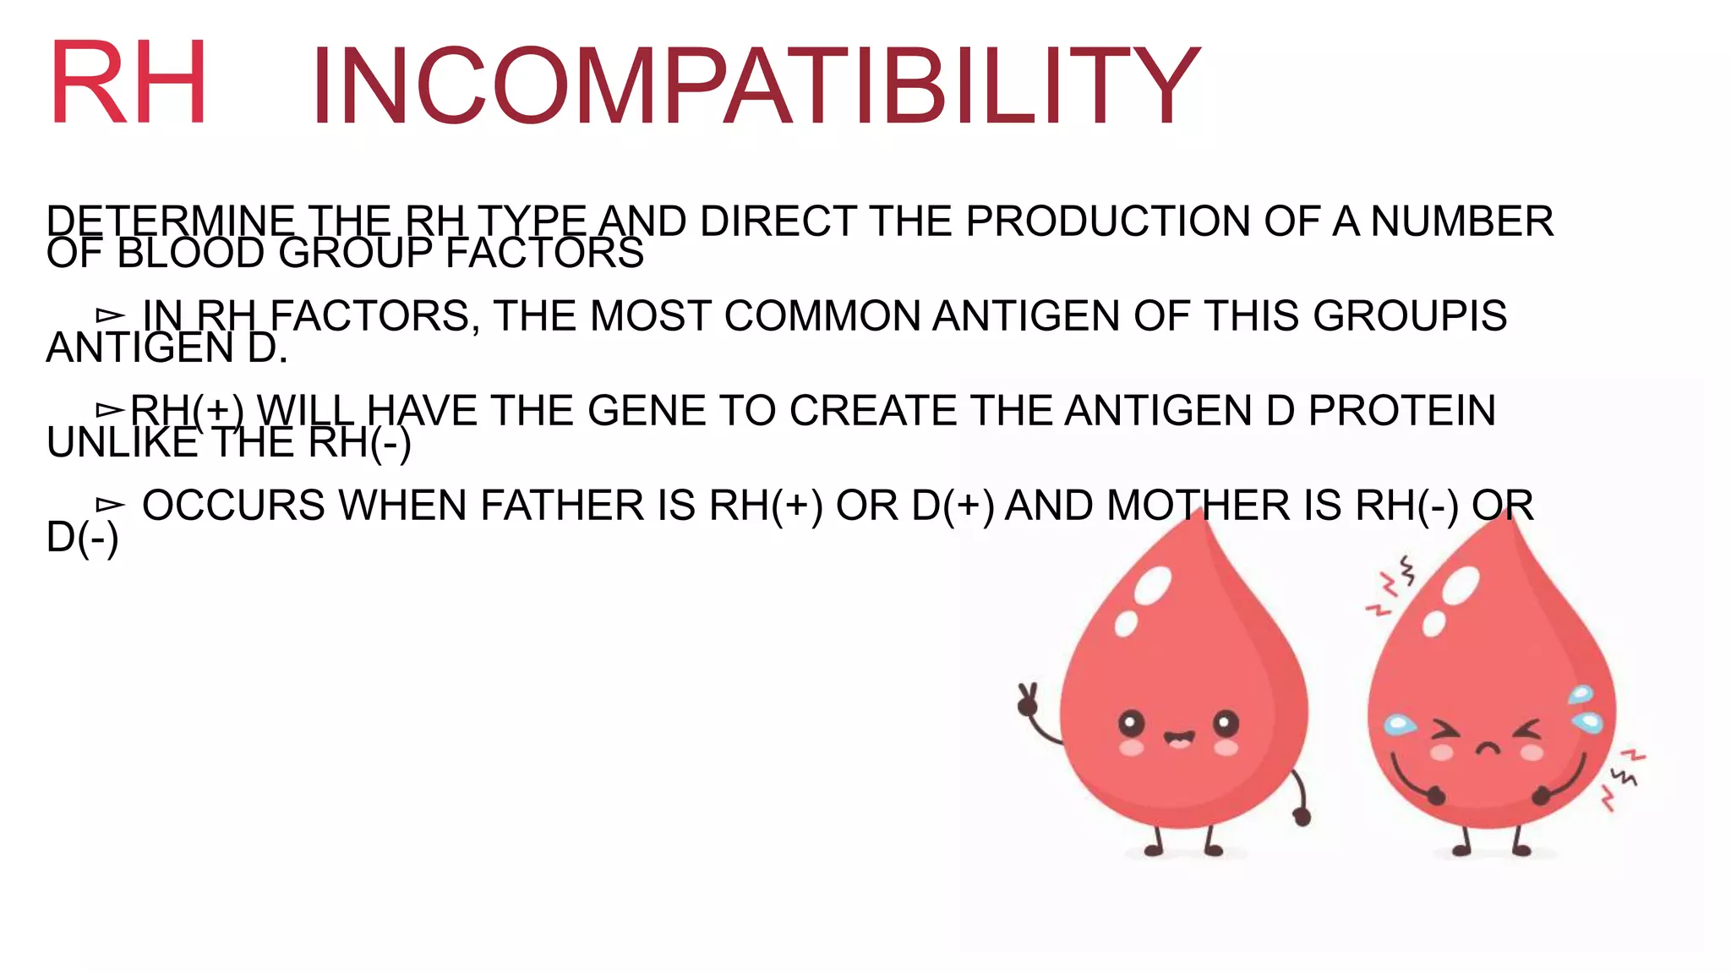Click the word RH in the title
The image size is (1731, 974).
128,83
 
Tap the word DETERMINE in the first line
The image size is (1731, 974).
171,222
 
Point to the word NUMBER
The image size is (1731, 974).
1461,222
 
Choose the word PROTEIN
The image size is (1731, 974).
1402,411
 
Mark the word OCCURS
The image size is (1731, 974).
233,506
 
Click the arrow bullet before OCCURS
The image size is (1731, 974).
110,506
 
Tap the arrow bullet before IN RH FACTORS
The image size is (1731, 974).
110,316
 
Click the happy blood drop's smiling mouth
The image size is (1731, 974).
1178,740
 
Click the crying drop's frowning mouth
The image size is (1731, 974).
1488,748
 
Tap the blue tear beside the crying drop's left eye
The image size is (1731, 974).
1400,724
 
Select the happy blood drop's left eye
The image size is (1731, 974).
1131,724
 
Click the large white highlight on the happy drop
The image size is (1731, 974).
1153,585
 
